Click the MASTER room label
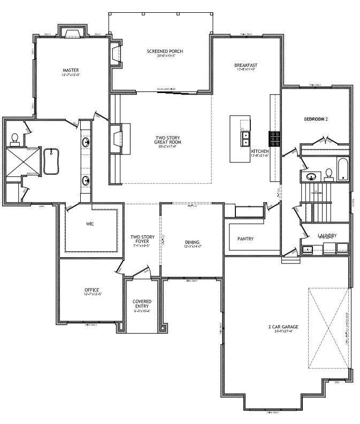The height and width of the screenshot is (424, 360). (x=71, y=70)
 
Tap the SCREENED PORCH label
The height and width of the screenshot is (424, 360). (x=165, y=51)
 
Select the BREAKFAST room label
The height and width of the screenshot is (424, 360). (x=246, y=65)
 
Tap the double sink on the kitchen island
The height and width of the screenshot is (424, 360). (x=246, y=139)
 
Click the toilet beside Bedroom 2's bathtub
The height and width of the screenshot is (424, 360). (x=328, y=174)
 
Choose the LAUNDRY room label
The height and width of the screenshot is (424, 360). (x=326, y=235)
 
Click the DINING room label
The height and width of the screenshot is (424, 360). (x=192, y=241)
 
